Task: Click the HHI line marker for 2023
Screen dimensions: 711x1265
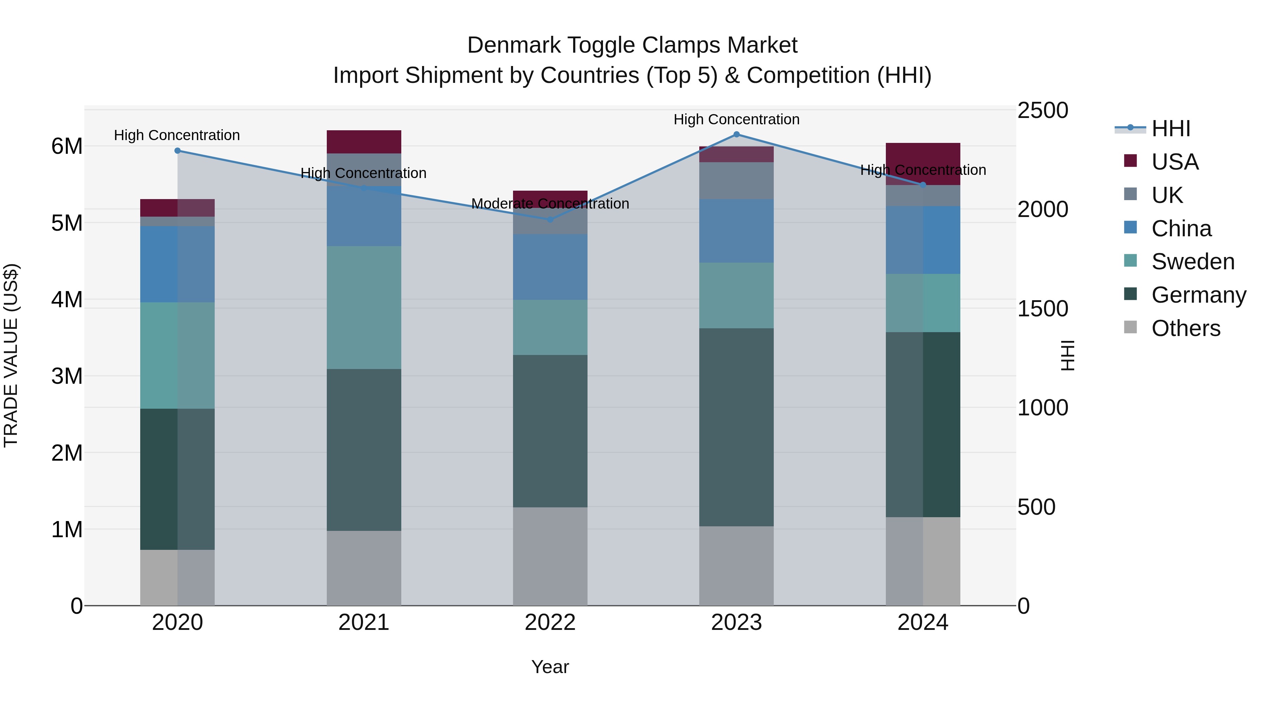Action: point(736,134)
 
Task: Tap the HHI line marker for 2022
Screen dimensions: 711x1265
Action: point(550,219)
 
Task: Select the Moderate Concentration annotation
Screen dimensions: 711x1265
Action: point(550,204)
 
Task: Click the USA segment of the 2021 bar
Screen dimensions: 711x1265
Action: point(364,142)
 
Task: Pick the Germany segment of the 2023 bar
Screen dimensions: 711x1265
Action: point(736,427)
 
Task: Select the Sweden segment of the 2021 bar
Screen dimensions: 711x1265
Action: point(364,307)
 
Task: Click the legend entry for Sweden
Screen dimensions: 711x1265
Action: point(1192,262)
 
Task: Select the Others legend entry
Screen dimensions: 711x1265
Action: point(1186,328)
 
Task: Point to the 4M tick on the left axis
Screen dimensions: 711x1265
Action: point(67,299)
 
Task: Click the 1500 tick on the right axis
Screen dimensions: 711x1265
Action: point(1042,309)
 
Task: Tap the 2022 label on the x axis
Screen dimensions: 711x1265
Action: point(550,623)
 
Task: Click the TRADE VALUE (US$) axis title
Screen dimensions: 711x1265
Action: point(11,355)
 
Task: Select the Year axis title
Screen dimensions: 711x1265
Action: point(550,667)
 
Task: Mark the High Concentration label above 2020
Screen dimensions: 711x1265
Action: point(177,136)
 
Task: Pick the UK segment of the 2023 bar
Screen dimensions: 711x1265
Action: point(736,180)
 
